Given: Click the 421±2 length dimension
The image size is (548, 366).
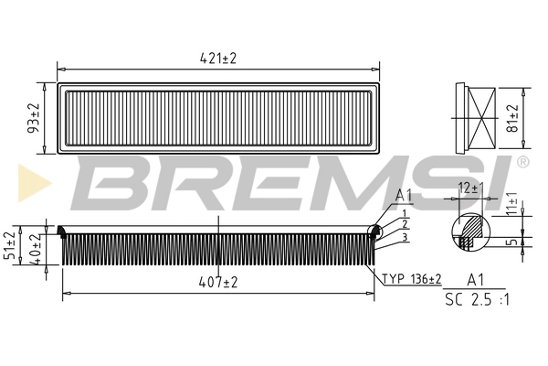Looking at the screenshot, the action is (218, 59).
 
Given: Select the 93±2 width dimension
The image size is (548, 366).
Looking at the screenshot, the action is (34, 118).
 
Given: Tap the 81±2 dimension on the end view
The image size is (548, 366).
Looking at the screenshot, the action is (512, 118).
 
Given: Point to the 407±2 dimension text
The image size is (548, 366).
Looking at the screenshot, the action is (218, 282).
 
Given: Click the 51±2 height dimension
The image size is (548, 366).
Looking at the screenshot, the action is (10, 245).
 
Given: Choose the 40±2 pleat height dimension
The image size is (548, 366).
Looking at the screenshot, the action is (35, 249).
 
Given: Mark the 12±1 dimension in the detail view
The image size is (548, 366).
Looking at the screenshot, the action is (469, 188).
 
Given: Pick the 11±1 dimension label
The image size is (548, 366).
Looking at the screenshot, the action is (512, 203).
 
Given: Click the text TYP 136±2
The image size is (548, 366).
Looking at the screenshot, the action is (412, 279).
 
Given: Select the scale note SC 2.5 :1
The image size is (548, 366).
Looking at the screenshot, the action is (477, 300).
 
